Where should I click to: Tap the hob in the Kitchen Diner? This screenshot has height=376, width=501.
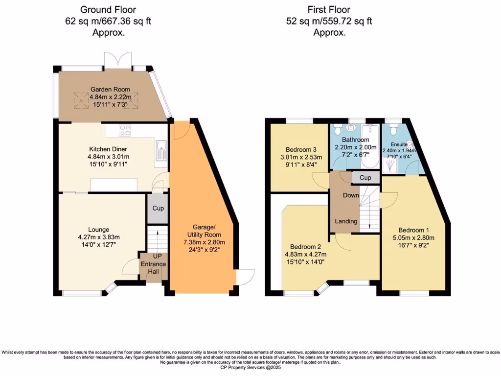point(125,130)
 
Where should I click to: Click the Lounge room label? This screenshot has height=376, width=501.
point(98,229)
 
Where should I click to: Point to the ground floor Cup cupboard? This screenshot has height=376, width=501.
point(158,208)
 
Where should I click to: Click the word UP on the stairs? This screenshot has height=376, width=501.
point(157,256)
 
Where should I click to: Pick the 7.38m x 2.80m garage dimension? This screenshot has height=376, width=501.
point(204,242)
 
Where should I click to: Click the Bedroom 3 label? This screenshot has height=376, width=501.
point(298,149)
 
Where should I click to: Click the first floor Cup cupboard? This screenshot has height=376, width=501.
point(365,178)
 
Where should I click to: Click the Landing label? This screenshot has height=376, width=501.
point(345,221)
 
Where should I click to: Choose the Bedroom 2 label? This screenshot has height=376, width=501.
point(305,246)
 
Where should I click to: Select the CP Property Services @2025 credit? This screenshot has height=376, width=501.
point(250,367)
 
